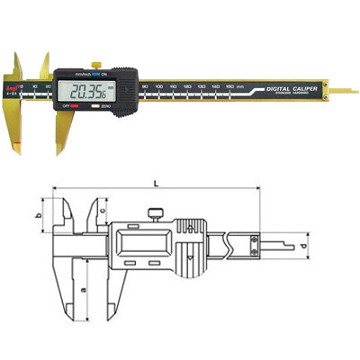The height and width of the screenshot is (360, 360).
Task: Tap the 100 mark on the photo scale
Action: pos(158,87)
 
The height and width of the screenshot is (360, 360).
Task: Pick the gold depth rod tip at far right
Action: pos(346,90)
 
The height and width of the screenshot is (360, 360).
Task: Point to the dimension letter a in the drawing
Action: pos(83,290)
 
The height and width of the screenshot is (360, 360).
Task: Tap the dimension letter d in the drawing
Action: pos(304,245)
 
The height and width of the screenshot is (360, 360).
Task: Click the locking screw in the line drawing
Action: pos(157,213)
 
